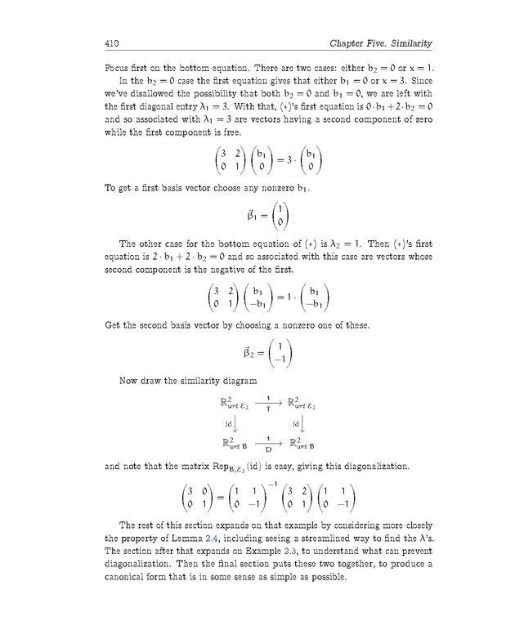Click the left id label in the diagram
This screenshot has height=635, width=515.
tap(229, 423)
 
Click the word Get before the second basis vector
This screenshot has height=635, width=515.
tap(115, 325)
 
